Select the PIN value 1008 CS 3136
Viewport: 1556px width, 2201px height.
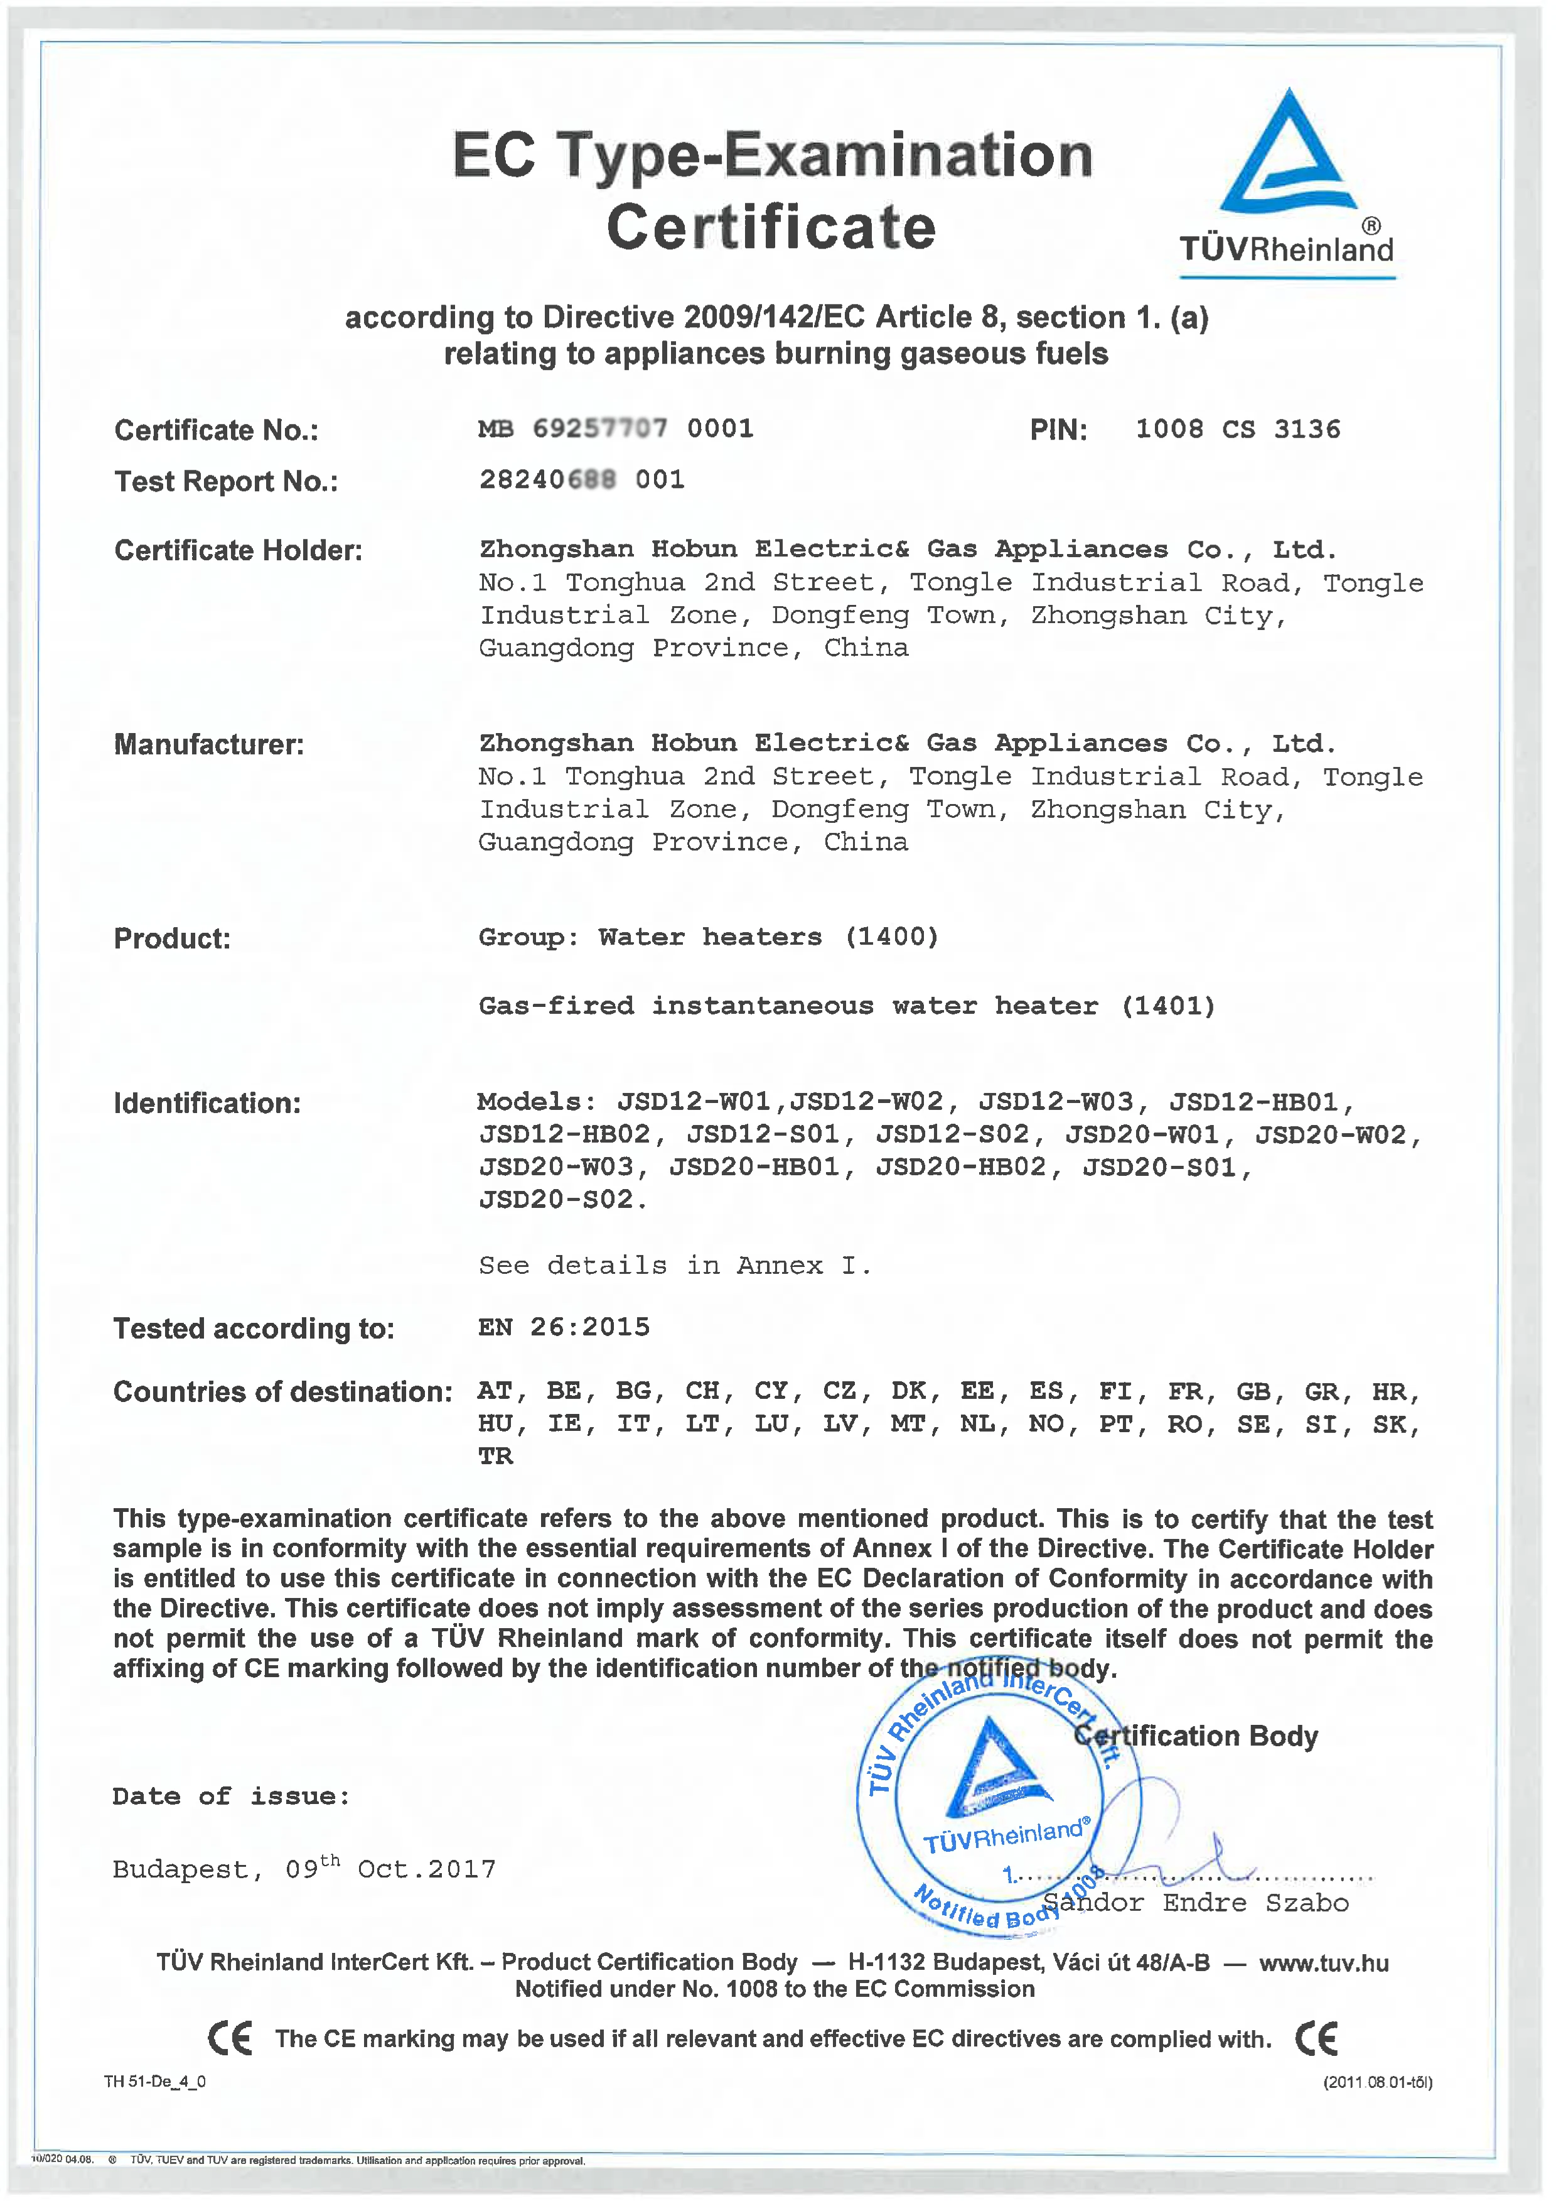click(1237, 430)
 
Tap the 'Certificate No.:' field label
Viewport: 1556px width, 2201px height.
click(215, 430)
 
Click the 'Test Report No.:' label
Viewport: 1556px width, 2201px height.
click(225, 481)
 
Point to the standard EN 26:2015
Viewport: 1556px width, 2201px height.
click(564, 1328)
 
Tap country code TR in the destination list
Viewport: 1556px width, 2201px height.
click(495, 1457)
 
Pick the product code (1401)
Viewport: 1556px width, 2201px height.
click(1168, 1006)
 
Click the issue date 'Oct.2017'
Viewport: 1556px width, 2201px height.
click(426, 1870)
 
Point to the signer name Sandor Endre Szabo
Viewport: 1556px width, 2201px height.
click(1196, 1903)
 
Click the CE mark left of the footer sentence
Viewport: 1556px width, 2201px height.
click(230, 2038)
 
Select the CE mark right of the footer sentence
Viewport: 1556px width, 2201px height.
click(1316, 2038)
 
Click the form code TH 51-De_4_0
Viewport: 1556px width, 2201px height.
click(154, 2081)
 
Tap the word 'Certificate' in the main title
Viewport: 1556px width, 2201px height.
click(771, 227)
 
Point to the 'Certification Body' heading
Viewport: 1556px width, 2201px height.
click(1196, 1736)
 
